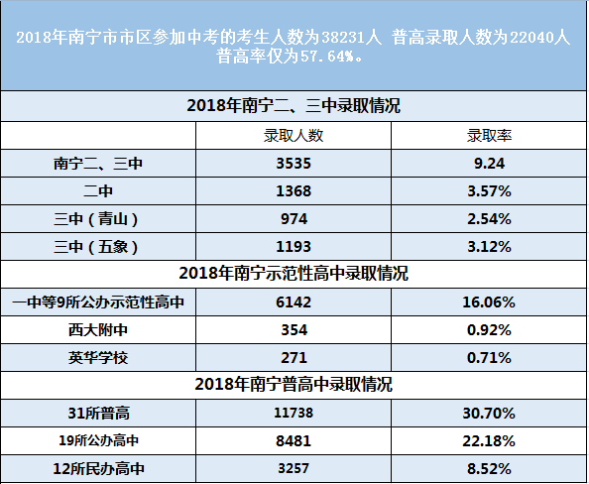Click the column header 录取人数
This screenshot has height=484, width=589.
tap(292, 135)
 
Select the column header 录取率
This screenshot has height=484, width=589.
tap(489, 135)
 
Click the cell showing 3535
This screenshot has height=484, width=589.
tap(292, 163)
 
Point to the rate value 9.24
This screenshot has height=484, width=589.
tap(489, 163)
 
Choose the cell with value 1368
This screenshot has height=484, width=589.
tap(292, 190)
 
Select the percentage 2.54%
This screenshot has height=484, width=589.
tap(489, 218)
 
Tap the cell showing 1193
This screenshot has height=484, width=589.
tap(292, 246)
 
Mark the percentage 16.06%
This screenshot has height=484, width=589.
tap(489, 302)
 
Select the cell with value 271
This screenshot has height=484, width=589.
tap(292, 356)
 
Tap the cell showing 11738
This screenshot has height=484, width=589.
tap(292, 412)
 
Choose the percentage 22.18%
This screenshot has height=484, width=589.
tap(489, 439)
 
